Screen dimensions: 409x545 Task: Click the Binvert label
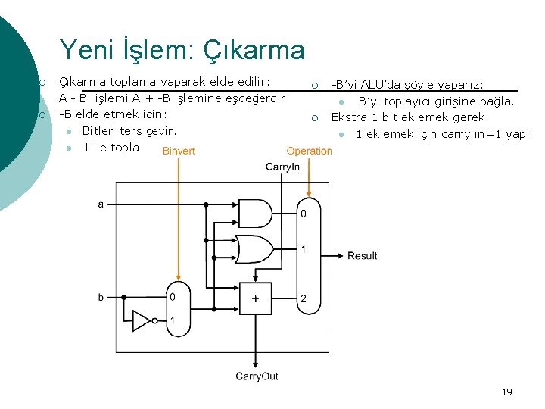click(x=179, y=151)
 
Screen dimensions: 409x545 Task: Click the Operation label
click(x=309, y=151)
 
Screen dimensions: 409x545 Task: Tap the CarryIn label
click(x=282, y=167)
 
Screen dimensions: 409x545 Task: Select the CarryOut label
click(x=257, y=376)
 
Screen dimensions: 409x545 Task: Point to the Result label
click(x=362, y=256)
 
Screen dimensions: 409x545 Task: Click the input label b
click(x=101, y=298)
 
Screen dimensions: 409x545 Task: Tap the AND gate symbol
click(x=255, y=214)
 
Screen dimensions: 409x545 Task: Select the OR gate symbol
click(x=255, y=248)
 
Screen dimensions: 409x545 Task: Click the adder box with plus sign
click(x=256, y=298)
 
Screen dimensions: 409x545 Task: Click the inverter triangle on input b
click(x=142, y=321)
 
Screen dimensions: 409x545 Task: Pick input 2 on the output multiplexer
click(x=303, y=299)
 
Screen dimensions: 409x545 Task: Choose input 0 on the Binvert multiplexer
click(x=173, y=297)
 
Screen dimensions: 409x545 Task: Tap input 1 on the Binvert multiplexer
click(x=173, y=321)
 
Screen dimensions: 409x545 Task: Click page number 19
click(x=506, y=392)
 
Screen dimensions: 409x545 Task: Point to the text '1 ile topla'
click(x=111, y=148)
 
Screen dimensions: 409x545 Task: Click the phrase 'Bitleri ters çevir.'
click(x=129, y=131)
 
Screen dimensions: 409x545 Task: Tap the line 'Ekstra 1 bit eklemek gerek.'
click(x=410, y=117)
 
